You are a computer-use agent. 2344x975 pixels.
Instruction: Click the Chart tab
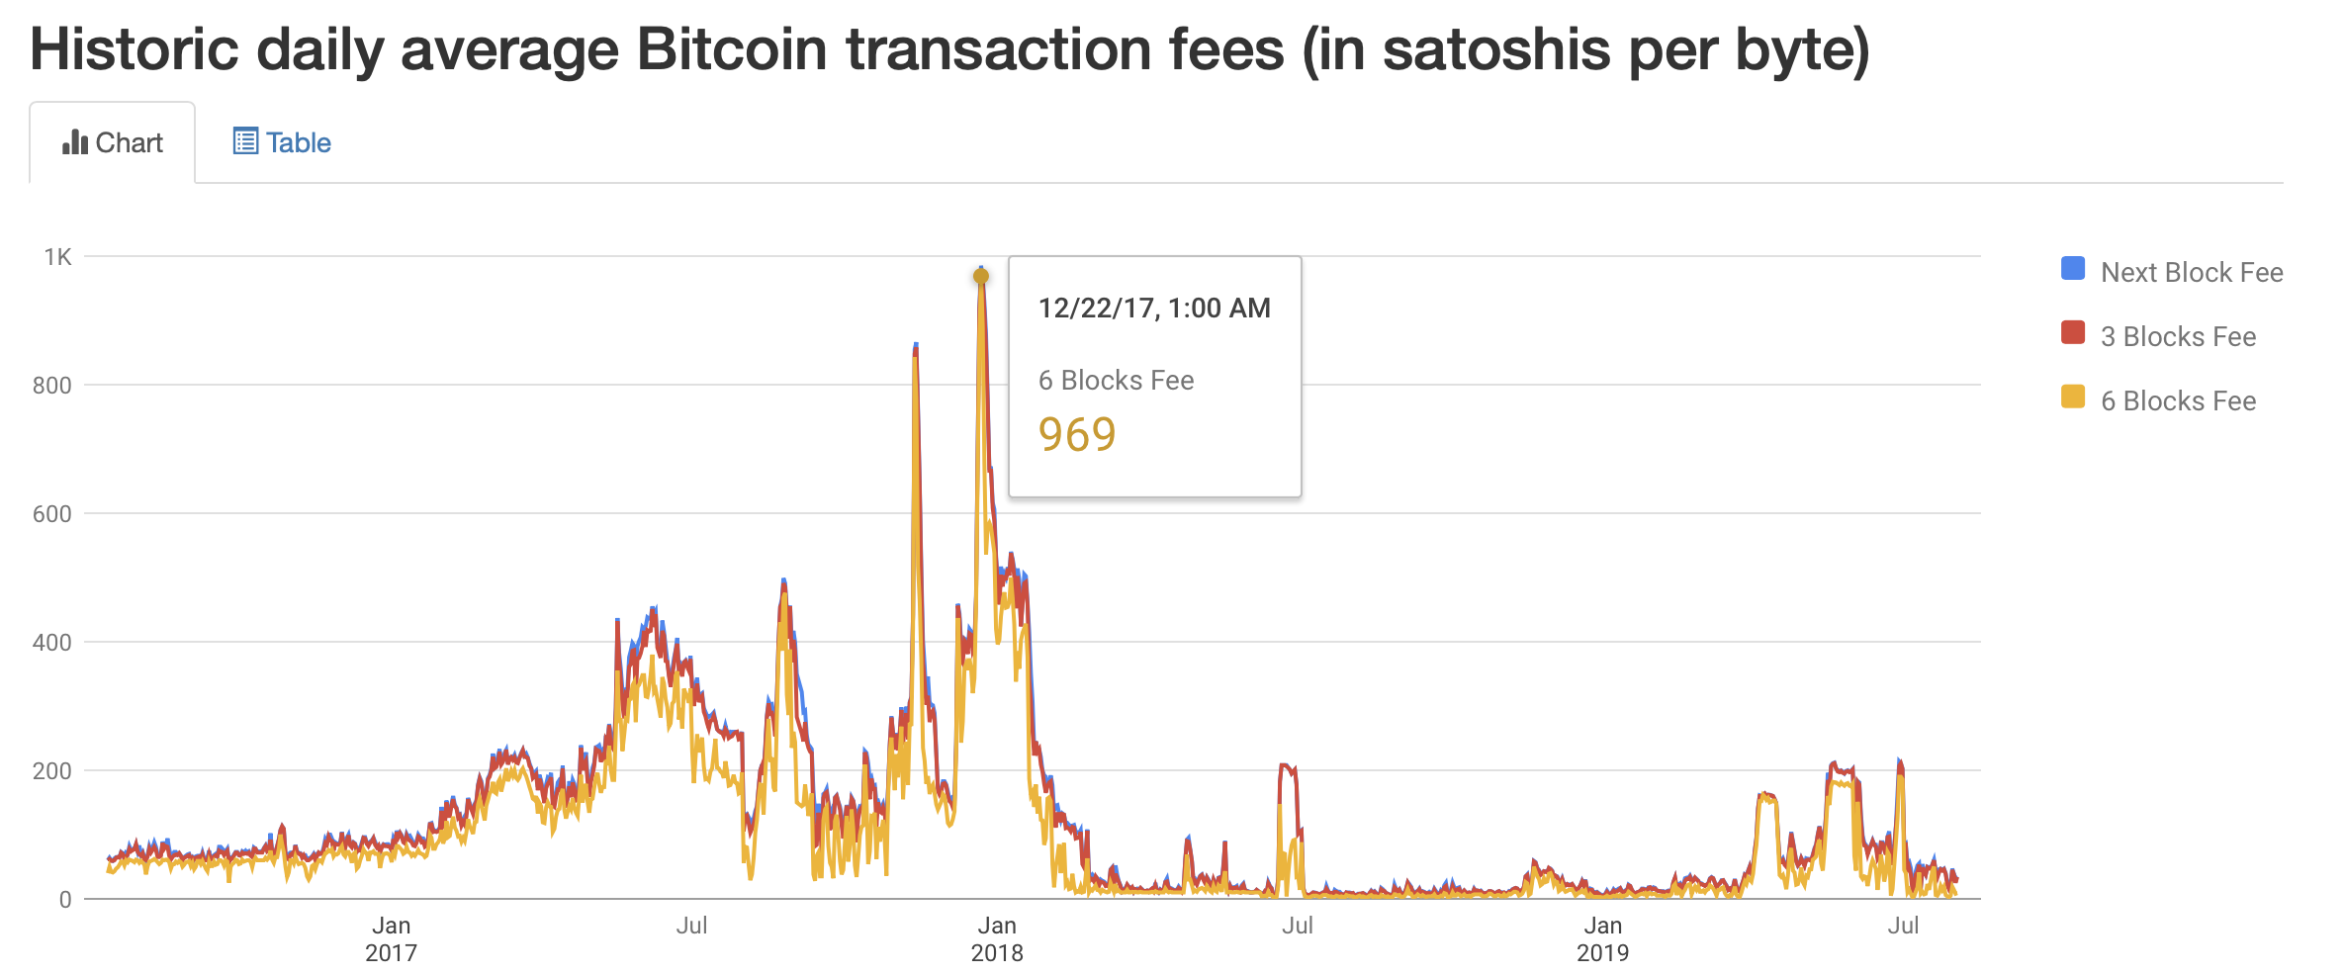(x=113, y=143)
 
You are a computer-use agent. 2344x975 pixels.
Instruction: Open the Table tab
(x=282, y=143)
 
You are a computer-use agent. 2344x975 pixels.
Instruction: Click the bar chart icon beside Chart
(x=75, y=142)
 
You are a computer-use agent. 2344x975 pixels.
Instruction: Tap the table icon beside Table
(x=245, y=141)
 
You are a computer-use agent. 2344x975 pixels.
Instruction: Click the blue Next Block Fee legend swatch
(x=2072, y=269)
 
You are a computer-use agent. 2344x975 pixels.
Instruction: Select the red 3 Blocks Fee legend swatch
(x=2072, y=333)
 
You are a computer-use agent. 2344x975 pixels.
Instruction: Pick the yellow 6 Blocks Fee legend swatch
(x=2072, y=398)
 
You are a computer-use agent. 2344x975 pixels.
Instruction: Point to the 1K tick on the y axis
(x=57, y=257)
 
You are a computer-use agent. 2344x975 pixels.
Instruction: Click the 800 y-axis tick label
(x=52, y=386)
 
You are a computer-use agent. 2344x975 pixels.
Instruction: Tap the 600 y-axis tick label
(x=52, y=514)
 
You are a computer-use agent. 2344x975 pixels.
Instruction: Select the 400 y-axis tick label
(x=52, y=643)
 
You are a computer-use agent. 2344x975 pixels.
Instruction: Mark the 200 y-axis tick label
(x=52, y=771)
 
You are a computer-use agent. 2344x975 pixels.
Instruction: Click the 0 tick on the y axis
(x=65, y=900)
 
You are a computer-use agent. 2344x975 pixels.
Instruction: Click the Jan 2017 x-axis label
(x=391, y=939)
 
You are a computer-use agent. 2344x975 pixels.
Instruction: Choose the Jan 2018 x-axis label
(x=997, y=939)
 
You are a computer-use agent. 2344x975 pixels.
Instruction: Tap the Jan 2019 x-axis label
(x=1602, y=939)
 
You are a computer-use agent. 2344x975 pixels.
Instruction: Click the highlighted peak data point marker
(x=981, y=277)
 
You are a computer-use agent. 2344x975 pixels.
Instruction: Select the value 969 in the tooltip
(x=1077, y=435)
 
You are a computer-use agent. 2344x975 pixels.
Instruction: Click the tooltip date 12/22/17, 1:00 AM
(x=1154, y=309)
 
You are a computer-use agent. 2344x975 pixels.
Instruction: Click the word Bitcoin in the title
(x=732, y=49)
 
